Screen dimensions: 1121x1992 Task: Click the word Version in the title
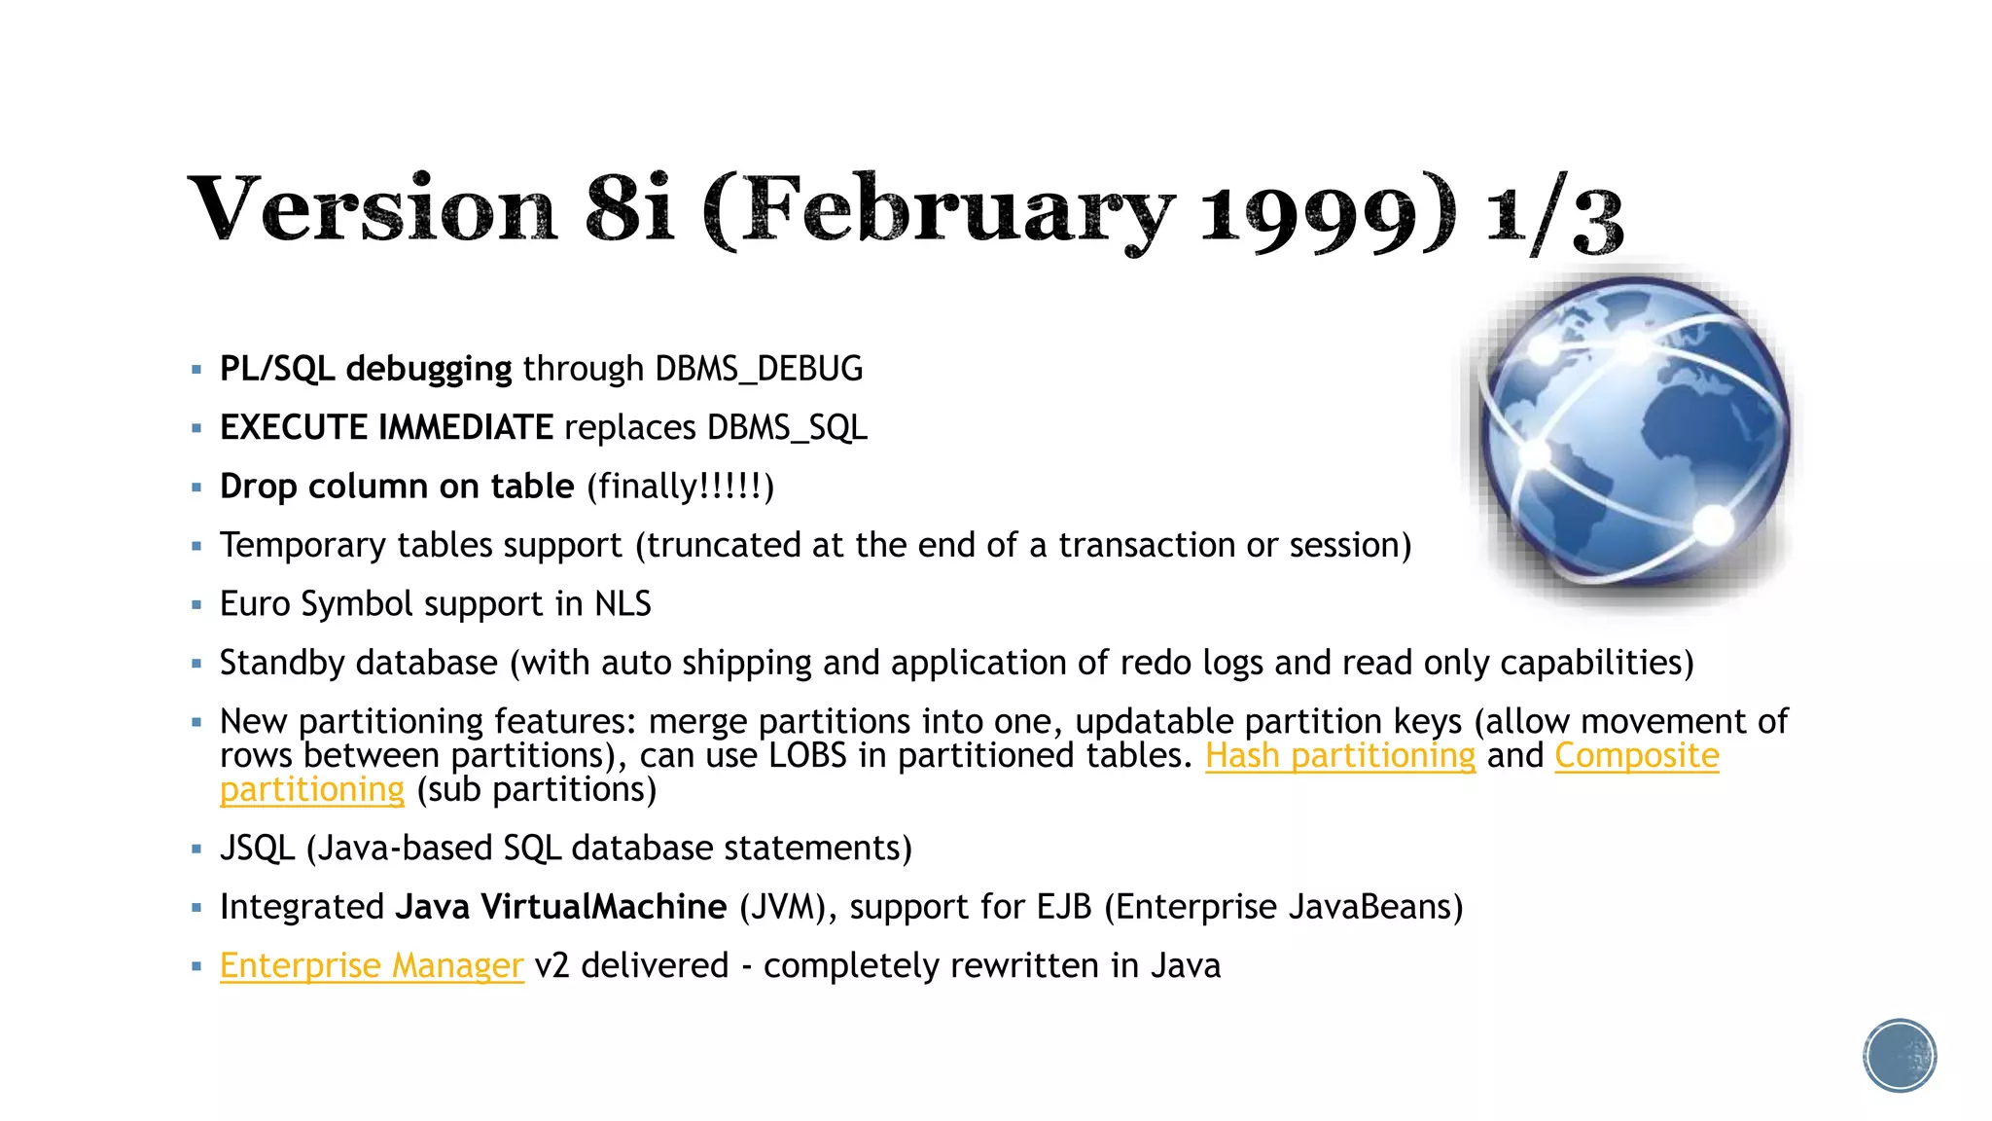pos(373,209)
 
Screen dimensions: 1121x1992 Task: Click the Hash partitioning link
pos(1339,756)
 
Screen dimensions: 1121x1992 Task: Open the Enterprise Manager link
pos(372,966)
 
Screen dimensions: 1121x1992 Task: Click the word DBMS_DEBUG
pos(759,370)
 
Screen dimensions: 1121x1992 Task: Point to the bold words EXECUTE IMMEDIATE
pos(386,428)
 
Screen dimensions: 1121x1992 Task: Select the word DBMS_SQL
pos(787,428)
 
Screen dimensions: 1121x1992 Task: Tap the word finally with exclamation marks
pos(680,487)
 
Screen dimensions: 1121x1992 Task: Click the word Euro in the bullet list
pos(255,604)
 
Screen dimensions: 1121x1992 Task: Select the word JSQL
pos(257,849)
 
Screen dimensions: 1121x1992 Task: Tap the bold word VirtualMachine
pos(603,907)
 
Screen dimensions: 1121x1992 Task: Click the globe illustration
pos(1633,431)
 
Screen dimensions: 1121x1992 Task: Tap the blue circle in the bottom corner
pos(1900,1056)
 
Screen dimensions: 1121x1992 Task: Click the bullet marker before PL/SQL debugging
pos(196,370)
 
